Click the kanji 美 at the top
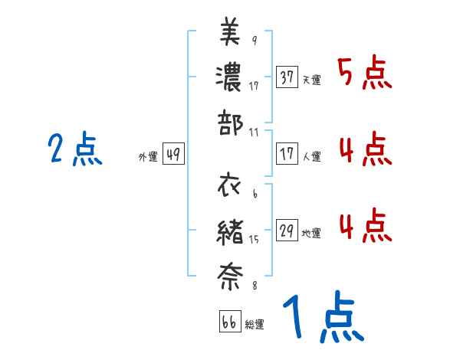click(229, 33)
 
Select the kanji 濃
click(229, 77)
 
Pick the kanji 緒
click(229, 231)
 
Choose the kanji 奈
click(229, 274)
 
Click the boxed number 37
click(287, 77)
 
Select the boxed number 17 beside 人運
click(287, 154)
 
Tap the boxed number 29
click(287, 231)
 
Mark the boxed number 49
click(173, 155)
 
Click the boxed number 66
click(229, 322)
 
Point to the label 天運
click(311, 80)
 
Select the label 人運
click(311, 156)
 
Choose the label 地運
click(311, 233)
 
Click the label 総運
click(255, 324)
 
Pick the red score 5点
click(364, 74)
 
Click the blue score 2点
click(75, 149)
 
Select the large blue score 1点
click(322, 318)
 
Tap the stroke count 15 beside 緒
click(255, 240)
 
